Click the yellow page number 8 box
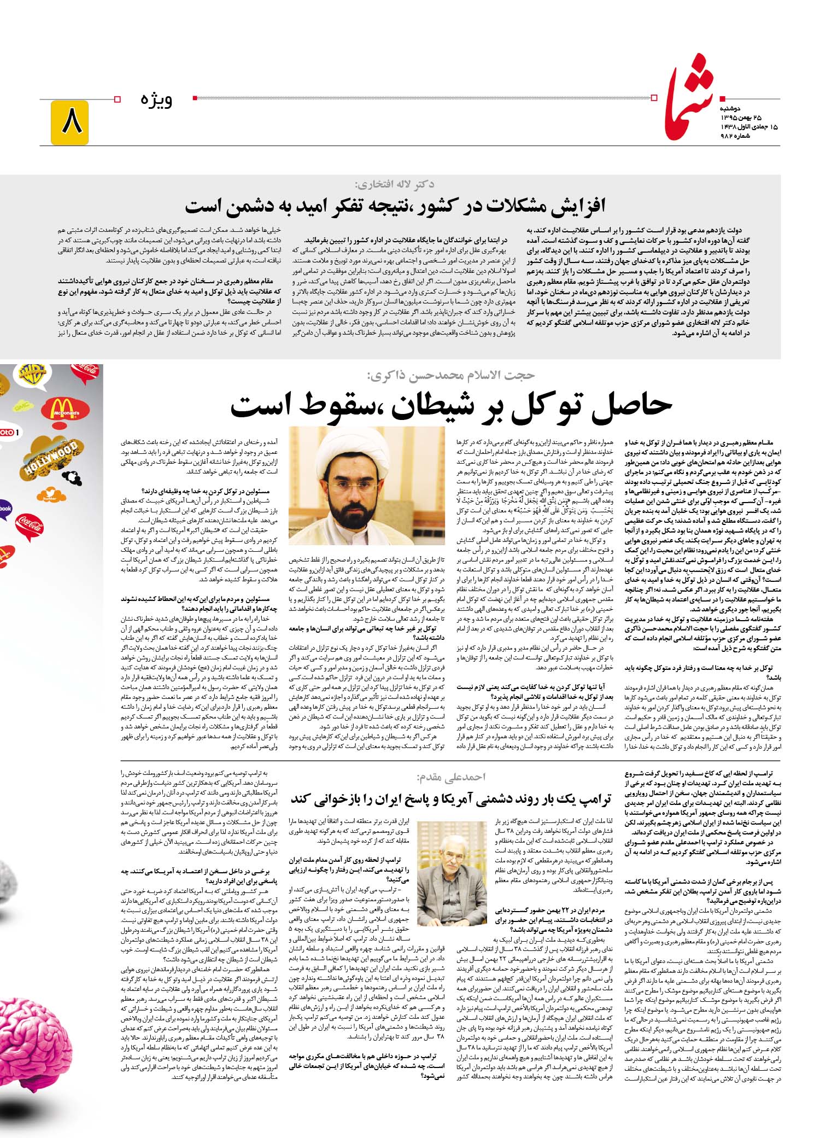[x=69, y=122]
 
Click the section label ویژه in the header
[x=157, y=100]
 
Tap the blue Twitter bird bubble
[x=50, y=496]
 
